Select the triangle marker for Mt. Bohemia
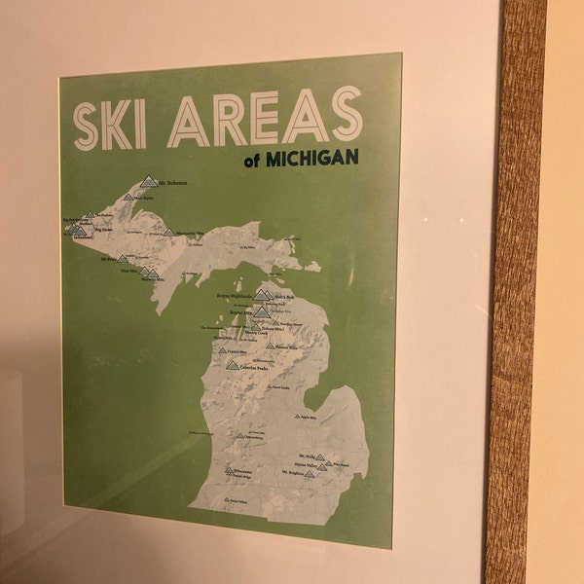(148, 180)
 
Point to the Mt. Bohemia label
(171, 183)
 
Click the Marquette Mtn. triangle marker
(169, 232)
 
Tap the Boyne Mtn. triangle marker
(261, 311)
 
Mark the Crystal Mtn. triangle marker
(222, 350)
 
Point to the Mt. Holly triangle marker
(321, 456)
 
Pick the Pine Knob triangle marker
(329, 464)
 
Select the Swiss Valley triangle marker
(226, 500)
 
